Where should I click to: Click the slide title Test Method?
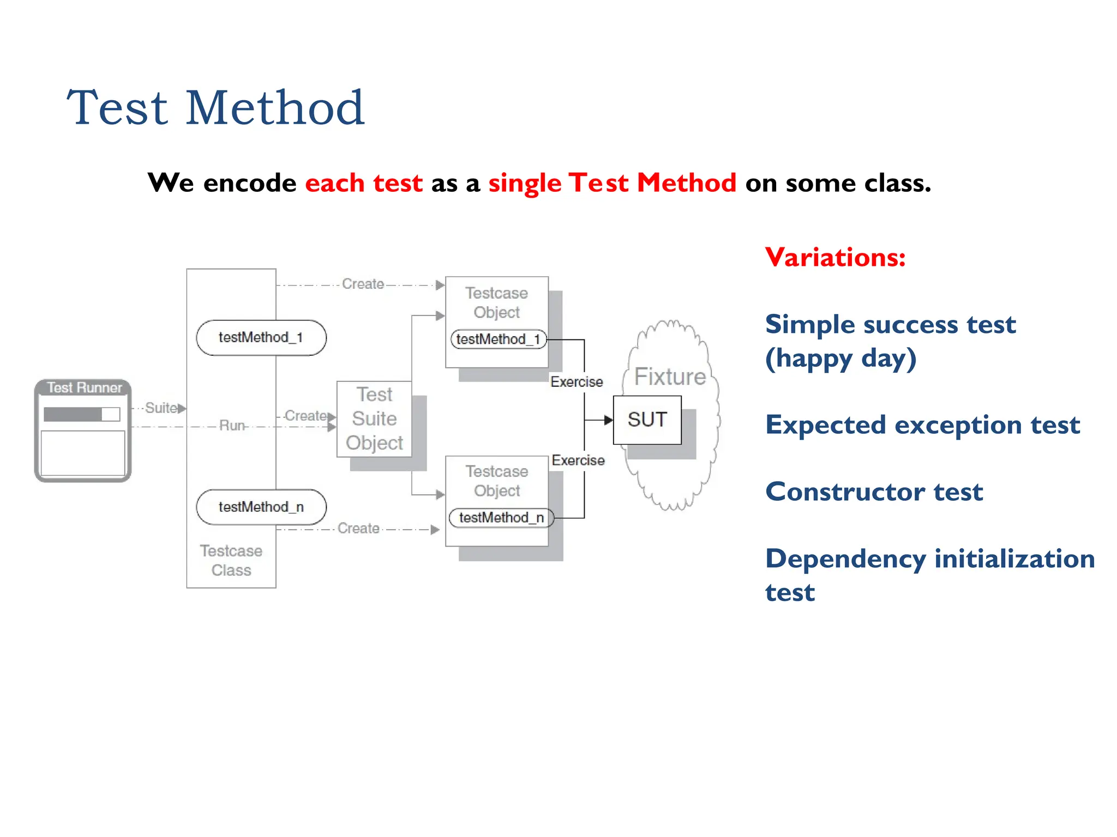pyautogui.click(x=215, y=108)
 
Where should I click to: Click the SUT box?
pyautogui.click(x=647, y=420)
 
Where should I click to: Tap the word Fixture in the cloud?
pyautogui.click(x=670, y=377)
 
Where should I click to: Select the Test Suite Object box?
pyautogui.click(x=374, y=418)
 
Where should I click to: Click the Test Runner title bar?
pyautogui.click(x=83, y=387)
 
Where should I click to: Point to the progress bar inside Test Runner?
pyautogui.click(x=81, y=414)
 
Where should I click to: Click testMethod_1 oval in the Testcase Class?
pyautogui.click(x=261, y=337)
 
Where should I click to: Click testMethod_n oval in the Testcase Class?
pyautogui.click(x=261, y=507)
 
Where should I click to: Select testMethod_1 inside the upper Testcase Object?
pyautogui.click(x=498, y=339)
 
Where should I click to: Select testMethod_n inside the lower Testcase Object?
pyautogui.click(x=501, y=517)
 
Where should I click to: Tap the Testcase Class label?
pyautogui.click(x=231, y=560)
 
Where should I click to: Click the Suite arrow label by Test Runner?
pyautogui.click(x=160, y=408)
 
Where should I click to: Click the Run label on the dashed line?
pyautogui.click(x=232, y=425)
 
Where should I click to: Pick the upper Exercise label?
pyautogui.click(x=576, y=381)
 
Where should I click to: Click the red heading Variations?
pyautogui.click(x=835, y=257)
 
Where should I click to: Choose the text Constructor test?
pyautogui.click(x=874, y=492)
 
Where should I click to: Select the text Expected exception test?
pyautogui.click(x=922, y=424)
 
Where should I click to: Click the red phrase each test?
pyautogui.click(x=364, y=183)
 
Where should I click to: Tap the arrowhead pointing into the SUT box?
pyautogui.click(x=608, y=420)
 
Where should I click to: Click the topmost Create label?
pyautogui.click(x=363, y=284)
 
